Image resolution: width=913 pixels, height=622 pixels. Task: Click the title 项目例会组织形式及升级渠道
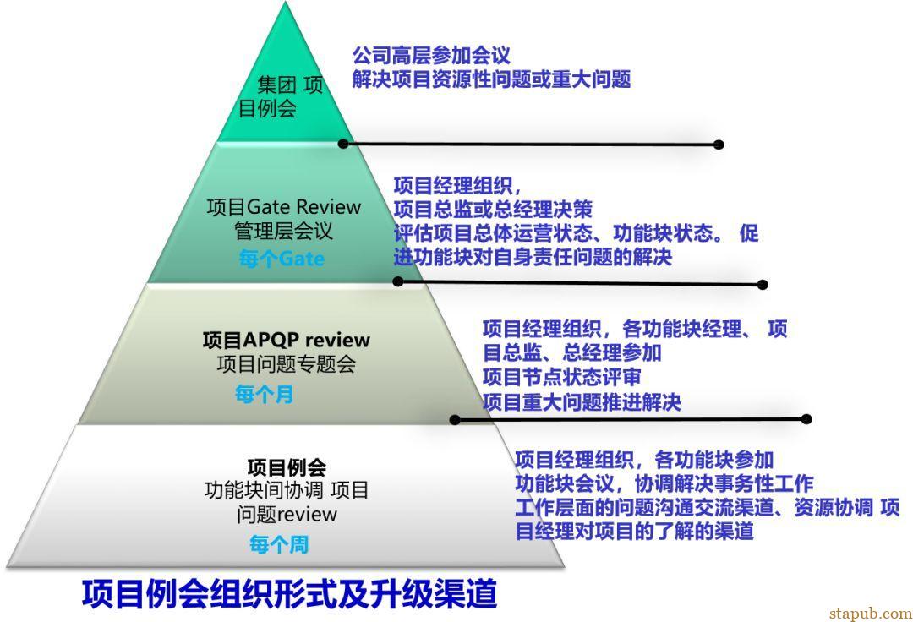[289, 593]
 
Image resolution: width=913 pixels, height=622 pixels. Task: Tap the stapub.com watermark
[871, 613]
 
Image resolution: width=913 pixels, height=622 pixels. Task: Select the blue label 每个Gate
[282, 258]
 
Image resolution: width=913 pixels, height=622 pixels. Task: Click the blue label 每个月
[264, 394]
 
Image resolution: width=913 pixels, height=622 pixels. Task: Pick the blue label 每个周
[279, 544]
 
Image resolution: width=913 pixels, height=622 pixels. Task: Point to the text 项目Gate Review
[283, 206]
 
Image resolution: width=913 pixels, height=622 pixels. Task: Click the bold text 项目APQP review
[286, 339]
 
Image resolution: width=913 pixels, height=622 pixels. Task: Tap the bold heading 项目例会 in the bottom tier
[287, 466]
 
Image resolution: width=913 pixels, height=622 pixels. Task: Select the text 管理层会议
[283, 231]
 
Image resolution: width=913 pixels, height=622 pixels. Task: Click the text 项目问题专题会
[286, 364]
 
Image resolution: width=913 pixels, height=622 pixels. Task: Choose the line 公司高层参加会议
[431, 55]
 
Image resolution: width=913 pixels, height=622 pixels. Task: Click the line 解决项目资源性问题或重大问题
[491, 79]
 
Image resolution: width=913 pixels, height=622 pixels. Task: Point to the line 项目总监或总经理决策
[493, 209]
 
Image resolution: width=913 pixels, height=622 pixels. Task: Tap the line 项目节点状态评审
[561, 376]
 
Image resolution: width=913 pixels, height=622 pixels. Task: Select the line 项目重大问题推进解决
[582, 401]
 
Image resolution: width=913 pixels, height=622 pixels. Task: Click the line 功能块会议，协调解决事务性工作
[664, 483]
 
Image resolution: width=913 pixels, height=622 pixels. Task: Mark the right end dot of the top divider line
[719, 145]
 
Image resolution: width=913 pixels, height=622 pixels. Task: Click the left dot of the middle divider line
[398, 281]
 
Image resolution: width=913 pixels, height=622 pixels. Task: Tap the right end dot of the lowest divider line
[806, 419]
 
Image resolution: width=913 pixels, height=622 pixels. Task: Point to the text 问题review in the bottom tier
[287, 515]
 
